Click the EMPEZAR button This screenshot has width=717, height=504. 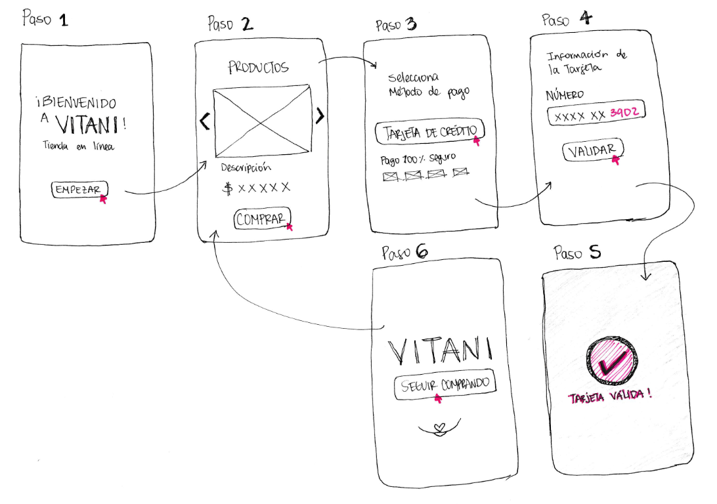(x=79, y=190)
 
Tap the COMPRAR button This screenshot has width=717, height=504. (x=262, y=220)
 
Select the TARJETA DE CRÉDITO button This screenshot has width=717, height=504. (x=430, y=132)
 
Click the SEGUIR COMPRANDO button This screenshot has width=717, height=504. (x=445, y=385)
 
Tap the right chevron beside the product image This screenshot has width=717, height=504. (x=320, y=116)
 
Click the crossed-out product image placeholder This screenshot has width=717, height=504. (x=262, y=119)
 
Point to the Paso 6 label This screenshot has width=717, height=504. (x=405, y=252)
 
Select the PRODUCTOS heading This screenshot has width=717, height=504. (x=258, y=68)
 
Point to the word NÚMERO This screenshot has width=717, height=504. (x=565, y=96)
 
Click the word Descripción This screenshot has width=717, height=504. (x=246, y=167)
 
